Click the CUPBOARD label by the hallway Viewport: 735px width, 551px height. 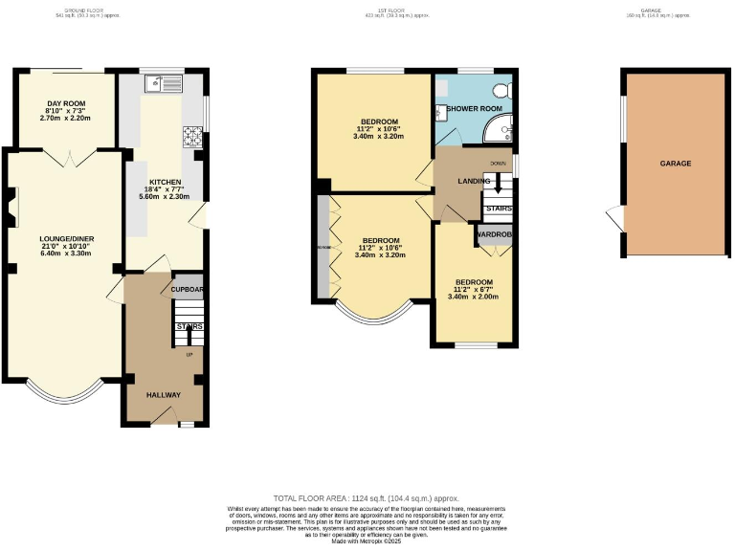tap(188, 288)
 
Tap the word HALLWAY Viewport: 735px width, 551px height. tap(163, 394)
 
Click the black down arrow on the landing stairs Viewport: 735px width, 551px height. tap(497, 184)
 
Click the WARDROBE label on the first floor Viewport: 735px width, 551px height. tap(494, 233)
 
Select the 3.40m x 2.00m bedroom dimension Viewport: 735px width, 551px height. tap(474, 297)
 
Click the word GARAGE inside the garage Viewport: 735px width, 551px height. tap(675, 164)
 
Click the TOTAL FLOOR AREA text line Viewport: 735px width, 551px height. tap(367, 498)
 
